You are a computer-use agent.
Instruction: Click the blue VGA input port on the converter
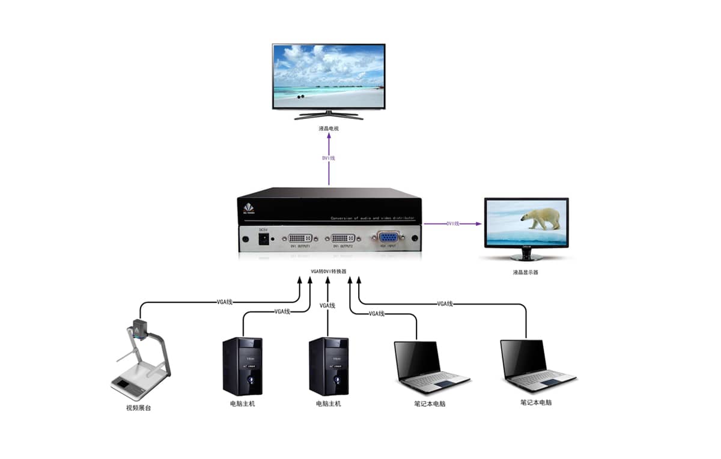[x=388, y=237]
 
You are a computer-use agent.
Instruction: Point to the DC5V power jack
[x=263, y=239]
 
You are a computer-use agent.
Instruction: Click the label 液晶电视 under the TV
[x=329, y=128]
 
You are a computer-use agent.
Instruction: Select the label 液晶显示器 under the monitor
[x=526, y=272]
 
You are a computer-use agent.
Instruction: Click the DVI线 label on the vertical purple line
[x=329, y=158]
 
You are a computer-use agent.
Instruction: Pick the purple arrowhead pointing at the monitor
[x=478, y=223]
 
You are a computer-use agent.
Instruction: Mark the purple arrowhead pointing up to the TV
[x=329, y=136]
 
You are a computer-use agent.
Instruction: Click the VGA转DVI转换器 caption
[x=329, y=272]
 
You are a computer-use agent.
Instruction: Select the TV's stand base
[x=329, y=116]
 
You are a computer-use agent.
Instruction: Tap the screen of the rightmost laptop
[x=523, y=358]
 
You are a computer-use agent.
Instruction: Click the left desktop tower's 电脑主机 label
[x=242, y=404]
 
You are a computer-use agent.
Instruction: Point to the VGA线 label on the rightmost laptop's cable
[x=445, y=304]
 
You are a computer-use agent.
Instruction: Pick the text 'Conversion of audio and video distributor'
[x=373, y=217]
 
